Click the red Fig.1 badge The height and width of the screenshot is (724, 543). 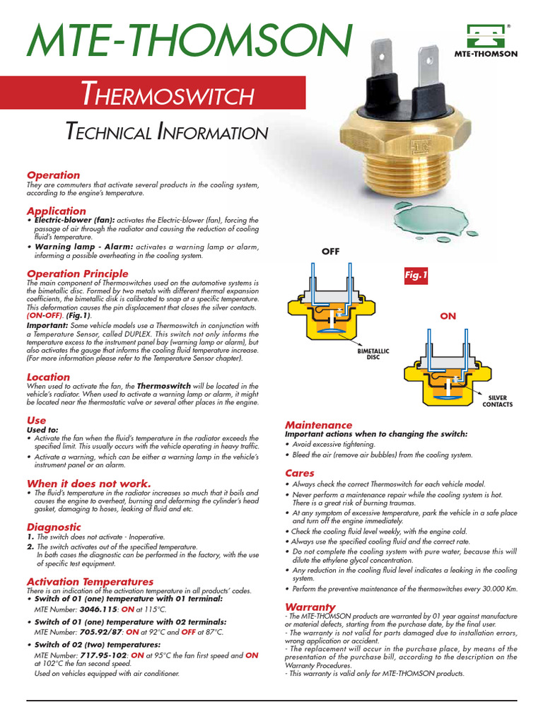point(416,276)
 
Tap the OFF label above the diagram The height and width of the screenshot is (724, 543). point(331,251)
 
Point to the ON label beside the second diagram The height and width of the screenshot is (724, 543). point(448,316)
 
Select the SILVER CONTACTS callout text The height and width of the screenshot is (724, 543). point(497,401)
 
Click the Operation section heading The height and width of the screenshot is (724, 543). point(53,175)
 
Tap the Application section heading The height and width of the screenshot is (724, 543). point(56,211)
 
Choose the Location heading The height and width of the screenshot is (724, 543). point(48,377)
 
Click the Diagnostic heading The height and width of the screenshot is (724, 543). point(54,527)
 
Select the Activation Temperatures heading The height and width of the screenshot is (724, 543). point(90,581)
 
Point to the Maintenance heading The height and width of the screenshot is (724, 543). point(318,425)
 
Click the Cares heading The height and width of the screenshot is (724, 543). point(300,472)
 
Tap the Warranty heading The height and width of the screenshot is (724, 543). point(310,607)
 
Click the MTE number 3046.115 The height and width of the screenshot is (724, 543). point(99,608)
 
